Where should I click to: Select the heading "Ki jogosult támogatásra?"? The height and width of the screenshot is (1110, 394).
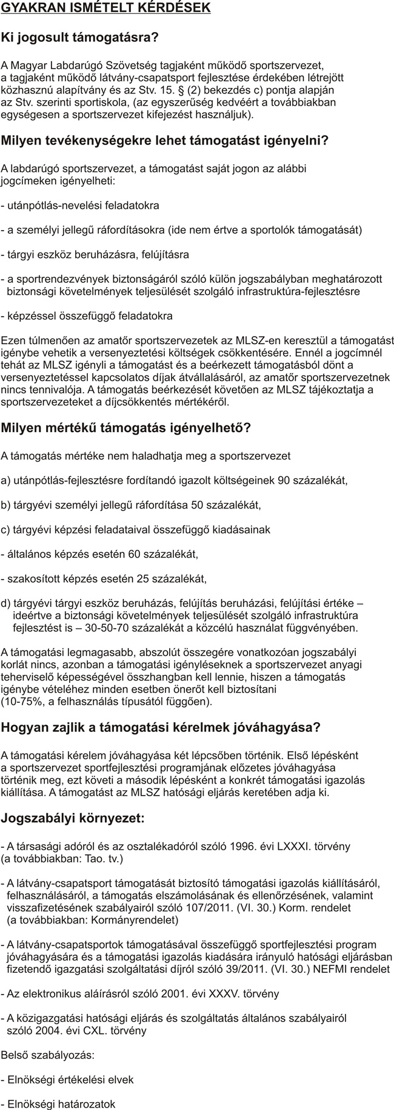[x=80, y=38]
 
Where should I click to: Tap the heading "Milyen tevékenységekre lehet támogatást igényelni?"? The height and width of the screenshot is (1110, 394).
[x=165, y=141]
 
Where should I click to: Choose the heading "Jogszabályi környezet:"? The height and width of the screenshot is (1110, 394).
[x=73, y=818]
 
